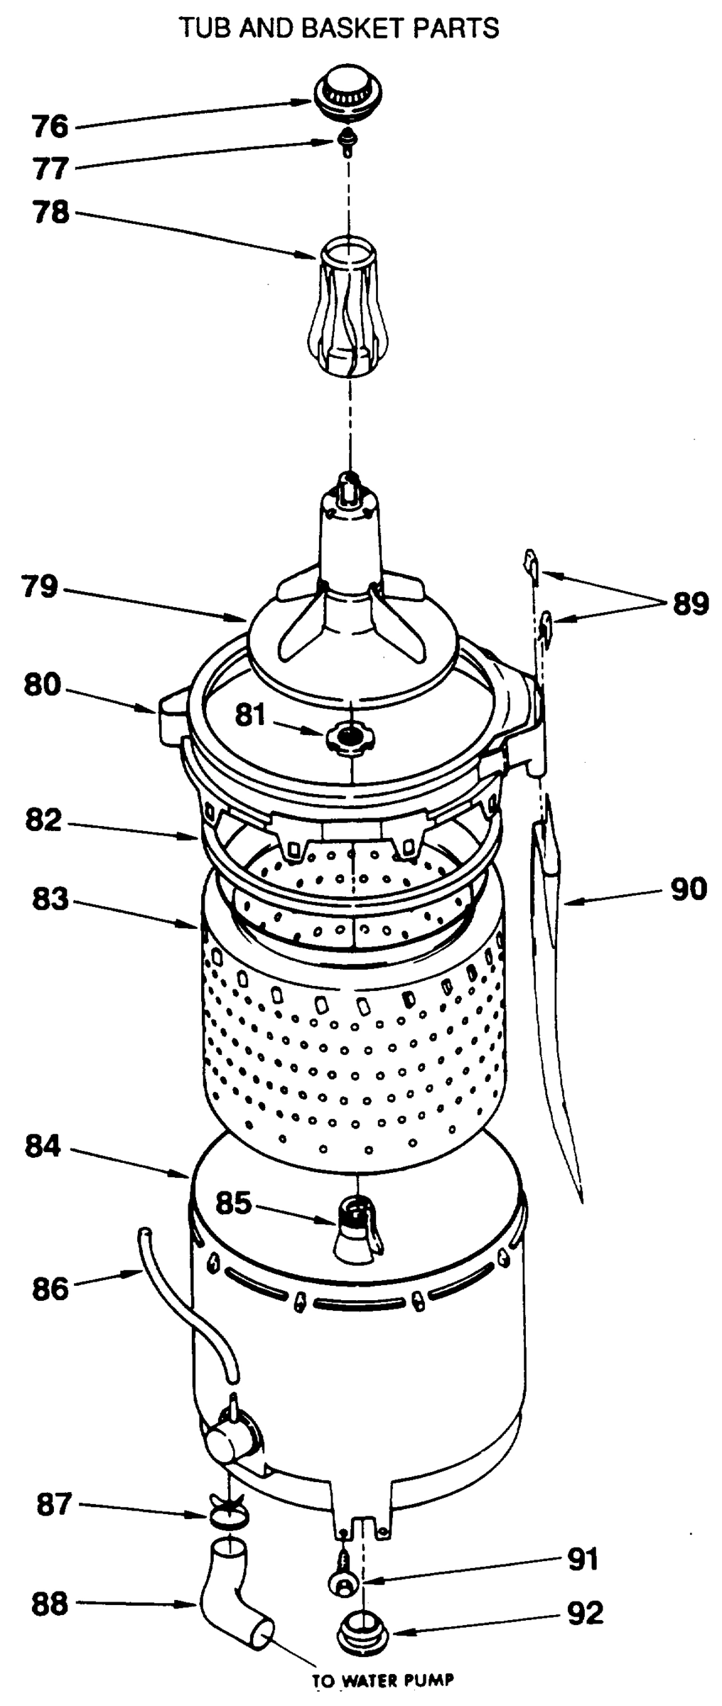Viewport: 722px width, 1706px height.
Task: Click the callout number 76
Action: [50, 127]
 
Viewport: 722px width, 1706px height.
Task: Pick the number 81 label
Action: [251, 715]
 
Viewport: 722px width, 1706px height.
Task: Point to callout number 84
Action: [43, 1147]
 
